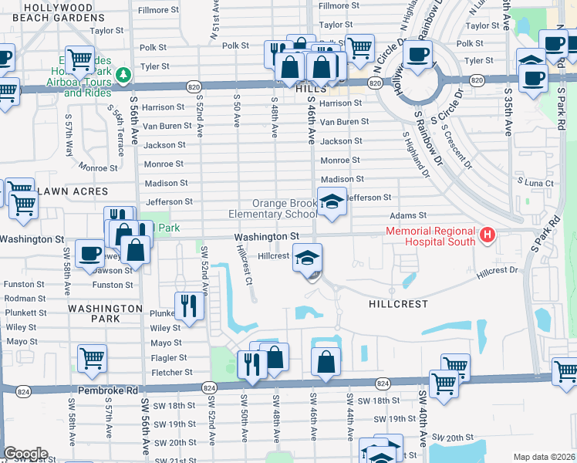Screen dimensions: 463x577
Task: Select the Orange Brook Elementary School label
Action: [272, 208]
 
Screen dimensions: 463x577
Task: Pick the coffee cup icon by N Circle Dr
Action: [418, 56]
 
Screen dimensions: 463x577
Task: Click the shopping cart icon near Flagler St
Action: [92, 357]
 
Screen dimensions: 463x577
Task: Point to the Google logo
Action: [25, 454]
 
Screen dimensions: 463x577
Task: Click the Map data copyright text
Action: [543, 457]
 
